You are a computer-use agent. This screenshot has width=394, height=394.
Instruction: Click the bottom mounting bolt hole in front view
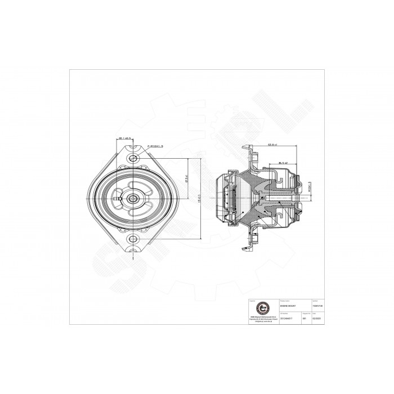[x=133, y=240]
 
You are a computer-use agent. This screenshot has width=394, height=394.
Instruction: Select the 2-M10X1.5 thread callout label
[x=155, y=146]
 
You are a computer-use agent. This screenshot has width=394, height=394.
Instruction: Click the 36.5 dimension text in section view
[x=283, y=163]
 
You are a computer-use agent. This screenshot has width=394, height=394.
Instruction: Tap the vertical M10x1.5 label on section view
[x=310, y=187]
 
